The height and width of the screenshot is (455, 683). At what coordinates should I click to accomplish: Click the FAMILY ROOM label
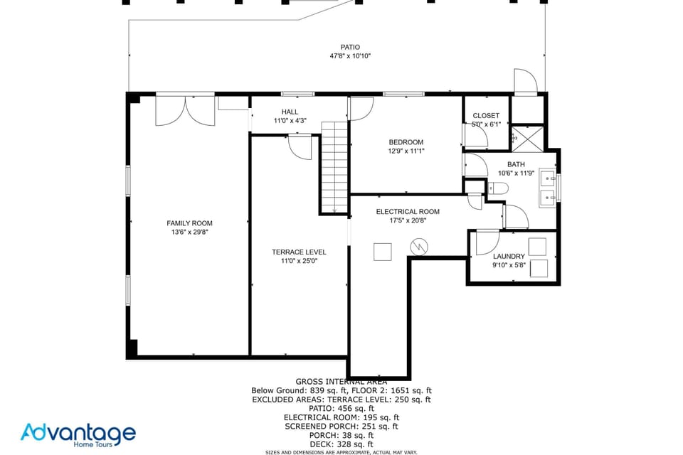(x=189, y=223)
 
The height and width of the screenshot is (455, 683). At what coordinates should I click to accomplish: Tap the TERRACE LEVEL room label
(x=299, y=252)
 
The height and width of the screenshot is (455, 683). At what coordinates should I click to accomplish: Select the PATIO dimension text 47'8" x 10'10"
(x=349, y=55)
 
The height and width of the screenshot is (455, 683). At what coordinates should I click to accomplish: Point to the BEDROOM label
(x=406, y=142)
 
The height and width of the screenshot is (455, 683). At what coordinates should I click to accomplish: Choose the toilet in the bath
(x=497, y=188)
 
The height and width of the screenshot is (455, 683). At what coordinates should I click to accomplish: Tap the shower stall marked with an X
(x=528, y=136)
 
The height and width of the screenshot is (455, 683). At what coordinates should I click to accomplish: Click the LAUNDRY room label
(x=509, y=256)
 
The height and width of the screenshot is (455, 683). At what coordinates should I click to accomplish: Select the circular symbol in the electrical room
(x=419, y=247)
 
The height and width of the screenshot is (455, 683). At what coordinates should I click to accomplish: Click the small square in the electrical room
(x=383, y=252)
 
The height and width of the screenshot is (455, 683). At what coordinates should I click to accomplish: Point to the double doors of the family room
(x=185, y=110)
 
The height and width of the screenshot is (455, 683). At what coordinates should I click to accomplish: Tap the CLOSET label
(x=486, y=115)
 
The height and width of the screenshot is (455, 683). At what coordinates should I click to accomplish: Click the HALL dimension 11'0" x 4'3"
(x=290, y=121)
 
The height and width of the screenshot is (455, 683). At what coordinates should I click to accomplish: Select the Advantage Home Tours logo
(x=78, y=434)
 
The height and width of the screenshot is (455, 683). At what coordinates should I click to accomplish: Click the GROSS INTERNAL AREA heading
(x=341, y=382)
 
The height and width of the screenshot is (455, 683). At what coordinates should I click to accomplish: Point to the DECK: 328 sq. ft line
(x=341, y=444)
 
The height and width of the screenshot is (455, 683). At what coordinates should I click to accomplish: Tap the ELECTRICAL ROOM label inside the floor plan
(x=408, y=211)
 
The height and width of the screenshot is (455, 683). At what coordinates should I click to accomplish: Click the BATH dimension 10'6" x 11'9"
(x=515, y=173)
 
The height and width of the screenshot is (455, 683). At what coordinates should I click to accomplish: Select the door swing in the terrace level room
(x=301, y=148)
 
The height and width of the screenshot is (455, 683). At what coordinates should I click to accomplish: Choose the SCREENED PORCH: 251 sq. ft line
(x=341, y=426)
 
